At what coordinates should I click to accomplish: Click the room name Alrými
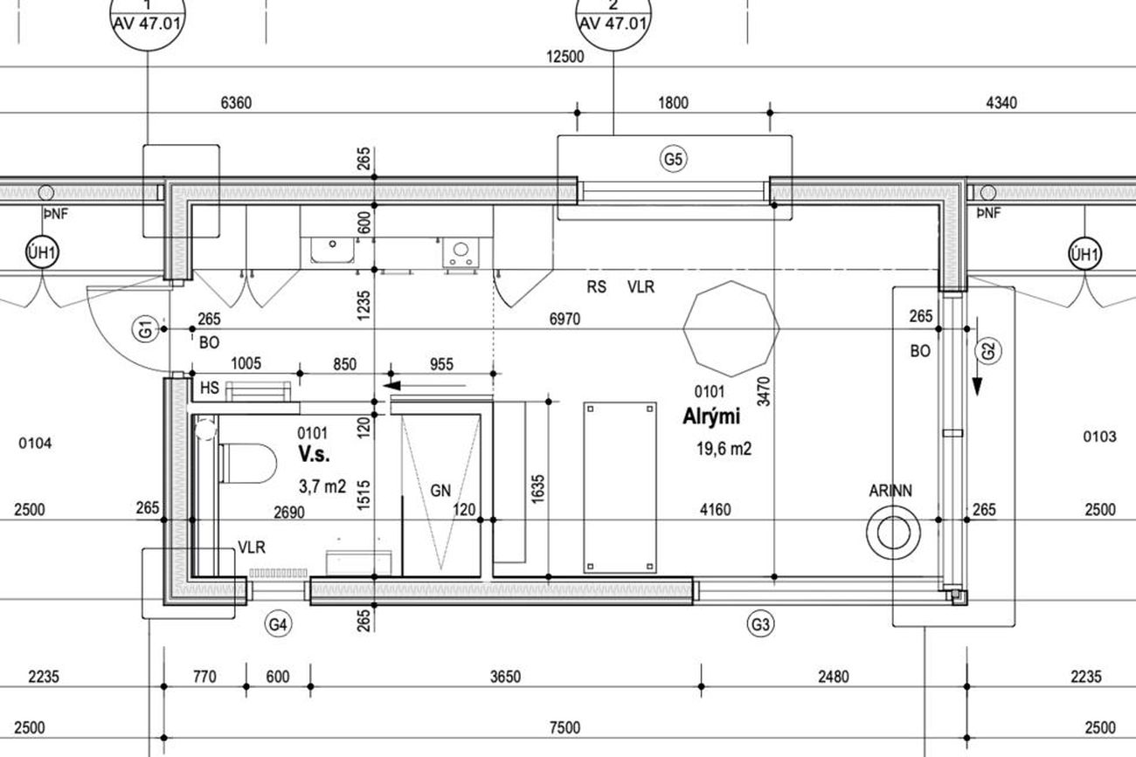tap(711, 416)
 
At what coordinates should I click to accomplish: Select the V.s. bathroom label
tap(314, 454)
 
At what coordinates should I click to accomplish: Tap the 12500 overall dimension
tap(565, 56)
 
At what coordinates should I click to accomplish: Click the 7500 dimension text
tap(565, 727)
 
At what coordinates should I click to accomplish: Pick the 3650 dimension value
tap(505, 677)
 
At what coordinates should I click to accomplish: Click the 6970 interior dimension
tap(565, 319)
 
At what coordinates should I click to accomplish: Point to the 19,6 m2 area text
tap(724, 449)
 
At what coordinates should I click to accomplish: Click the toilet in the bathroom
tap(248, 463)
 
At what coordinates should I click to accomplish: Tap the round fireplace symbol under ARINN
tap(893, 533)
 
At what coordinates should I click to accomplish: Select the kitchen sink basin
tap(332, 250)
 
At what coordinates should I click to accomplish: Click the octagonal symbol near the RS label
tap(731, 329)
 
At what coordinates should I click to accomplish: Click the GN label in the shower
tap(440, 491)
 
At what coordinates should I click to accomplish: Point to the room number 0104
tap(35, 444)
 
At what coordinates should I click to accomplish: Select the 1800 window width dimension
tap(673, 103)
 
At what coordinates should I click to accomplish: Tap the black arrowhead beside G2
tap(977, 387)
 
